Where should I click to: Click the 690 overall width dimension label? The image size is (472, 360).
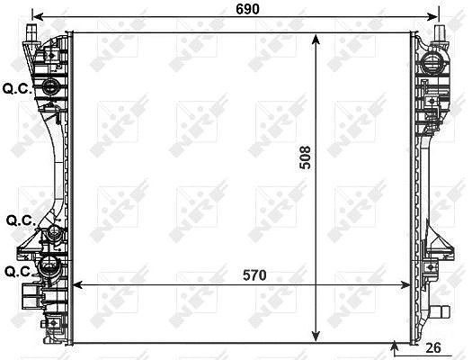pyautogui.click(x=247, y=9)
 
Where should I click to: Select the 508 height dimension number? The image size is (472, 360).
pyautogui.click(x=305, y=157)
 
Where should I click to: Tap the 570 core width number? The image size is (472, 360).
pyautogui.click(x=254, y=275)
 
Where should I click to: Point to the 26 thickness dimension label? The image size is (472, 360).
pyautogui.click(x=433, y=347)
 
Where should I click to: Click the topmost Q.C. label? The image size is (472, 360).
pyautogui.click(x=17, y=88)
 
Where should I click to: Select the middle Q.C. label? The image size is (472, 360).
pyautogui.click(x=21, y=220)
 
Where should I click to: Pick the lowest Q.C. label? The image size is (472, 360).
pyautogui.click(x=19, y=272)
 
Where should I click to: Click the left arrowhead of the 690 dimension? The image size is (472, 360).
pyautogui.click(x=37, y=17)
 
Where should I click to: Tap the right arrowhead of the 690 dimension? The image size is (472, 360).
pyautogui.click(x=432, y=17)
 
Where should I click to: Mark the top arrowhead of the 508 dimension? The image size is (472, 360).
pyautogui.click(x=316, y=39)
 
